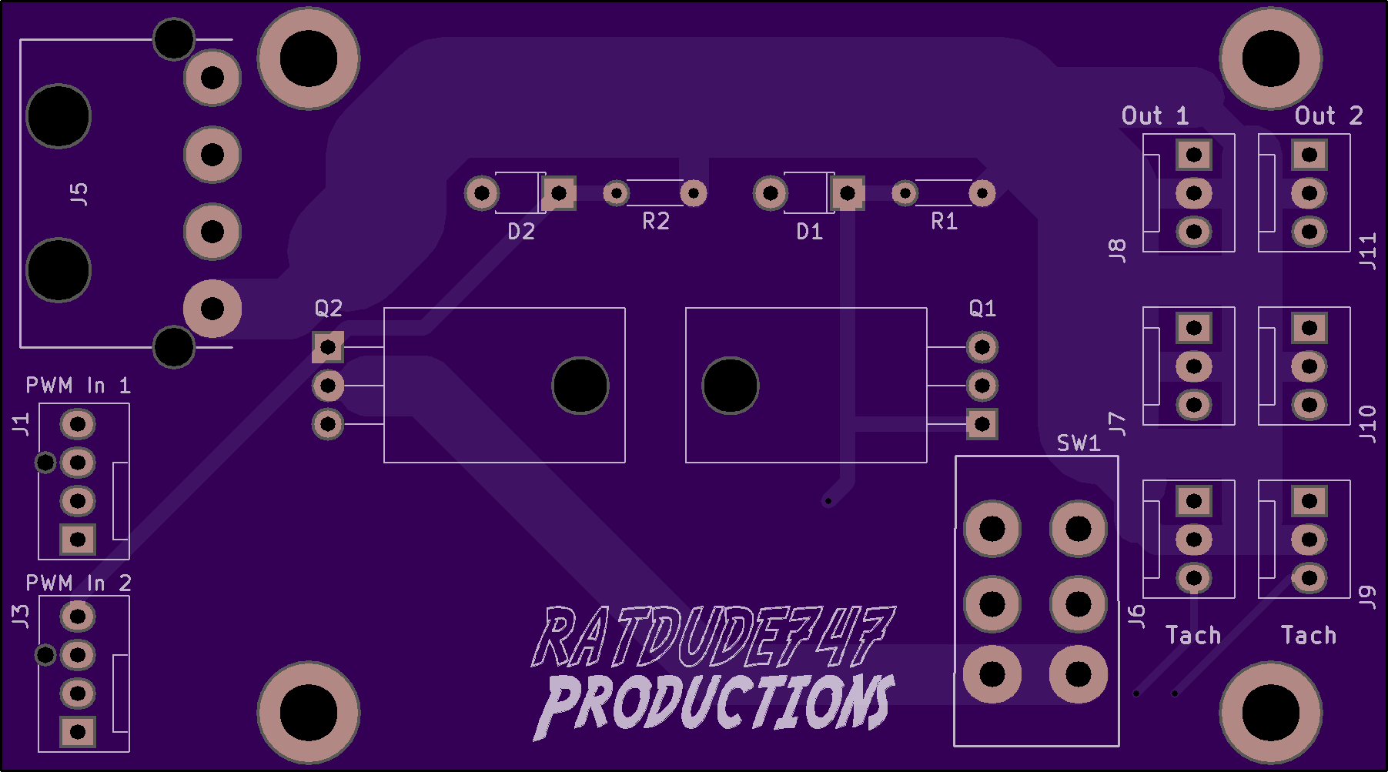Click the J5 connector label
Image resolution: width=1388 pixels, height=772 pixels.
pyautogui.click(x=79, y=194)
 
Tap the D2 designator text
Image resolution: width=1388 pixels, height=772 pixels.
pyautogui.click(x=521, y=232)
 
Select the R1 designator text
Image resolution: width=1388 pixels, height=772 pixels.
pyautogui.click(x=944, y=222)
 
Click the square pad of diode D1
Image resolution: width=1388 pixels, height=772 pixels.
pyautogui.click(x=848, y=193)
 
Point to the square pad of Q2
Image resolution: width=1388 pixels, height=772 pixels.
pyautogui.click(x=328, y=347)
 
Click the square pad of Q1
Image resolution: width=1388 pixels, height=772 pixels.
pyautogui.click(x=982, y=424)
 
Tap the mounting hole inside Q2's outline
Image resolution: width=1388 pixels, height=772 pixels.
pyautogui.click(x=580, y=386)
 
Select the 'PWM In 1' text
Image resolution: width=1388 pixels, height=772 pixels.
pyautogui.click(x=78, y=386)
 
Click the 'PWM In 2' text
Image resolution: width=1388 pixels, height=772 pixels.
pyautogui.click(x=79, y=583)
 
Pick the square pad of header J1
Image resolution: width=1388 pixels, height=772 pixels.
pyautogui.click(x=78, y=540)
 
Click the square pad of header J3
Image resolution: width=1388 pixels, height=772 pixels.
pyautogui.click(x=78, y=732)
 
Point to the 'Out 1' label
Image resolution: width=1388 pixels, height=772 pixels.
pyautogui.click(x=1155, y=116)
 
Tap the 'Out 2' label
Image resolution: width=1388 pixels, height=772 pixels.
pyautogui.click(x=1329, y=116)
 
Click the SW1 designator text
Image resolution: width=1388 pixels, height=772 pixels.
pyautogui.click(x=1079, y=443)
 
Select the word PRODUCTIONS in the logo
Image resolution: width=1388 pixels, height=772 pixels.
pyautogui.click(x=715, y=703)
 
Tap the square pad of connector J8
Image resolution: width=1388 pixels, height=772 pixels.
pyautogui.click(x=1194, y=155)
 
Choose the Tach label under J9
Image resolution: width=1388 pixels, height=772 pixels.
pyautogui.click(x=1309, y=636)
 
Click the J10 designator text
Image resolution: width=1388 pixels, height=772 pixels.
pyautogui.click(x=1367, y=424)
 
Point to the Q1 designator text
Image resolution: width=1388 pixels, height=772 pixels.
pyautogui.click(x=982, y=309)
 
